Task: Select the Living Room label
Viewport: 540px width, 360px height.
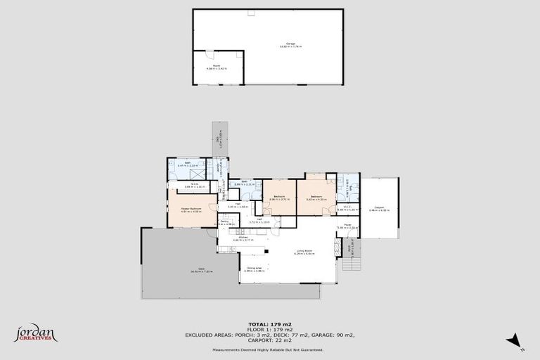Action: (304, 250)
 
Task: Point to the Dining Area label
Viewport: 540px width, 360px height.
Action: (254, 268)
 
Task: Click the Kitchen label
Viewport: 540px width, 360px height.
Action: (243, 238)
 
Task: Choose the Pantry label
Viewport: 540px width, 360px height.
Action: (224, 221)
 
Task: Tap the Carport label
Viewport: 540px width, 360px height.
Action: (379, 207)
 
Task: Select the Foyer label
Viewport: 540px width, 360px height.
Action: (347, 225)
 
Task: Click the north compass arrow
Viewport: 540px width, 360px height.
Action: (515, 340)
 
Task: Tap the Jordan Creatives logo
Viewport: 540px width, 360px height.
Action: (35, 333)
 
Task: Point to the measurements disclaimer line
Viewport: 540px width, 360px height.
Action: (269, 349)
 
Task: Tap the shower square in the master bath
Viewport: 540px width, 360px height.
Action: (198, 173)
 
